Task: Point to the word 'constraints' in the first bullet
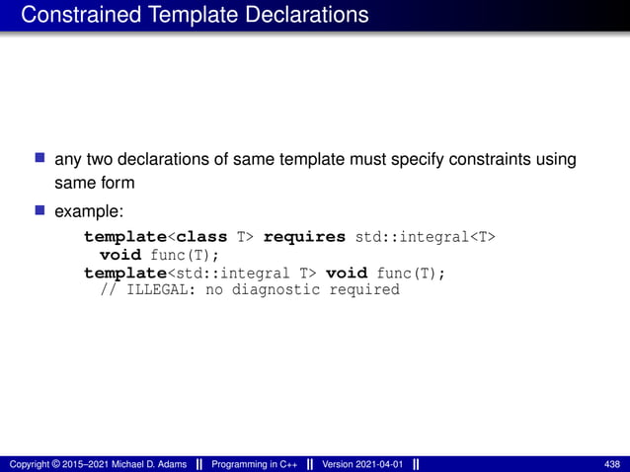pyautogui.click(x=483, y=159)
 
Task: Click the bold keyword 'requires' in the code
pyautogui.click(x=304, y=238)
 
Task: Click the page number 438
pyautogui.click(x=611, y=464)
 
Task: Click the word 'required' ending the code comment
pyautogui.click(x=365, y=290)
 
